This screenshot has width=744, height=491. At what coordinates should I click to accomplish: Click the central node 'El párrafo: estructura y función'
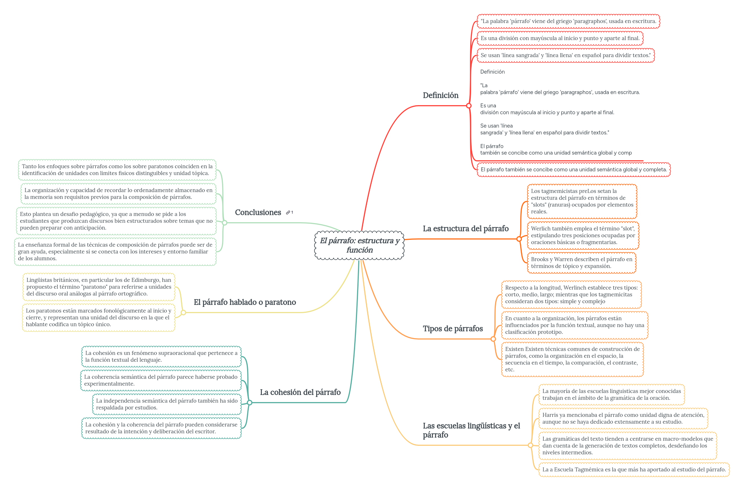[359, 245]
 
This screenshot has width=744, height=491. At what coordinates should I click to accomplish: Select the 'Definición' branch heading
[440, 95]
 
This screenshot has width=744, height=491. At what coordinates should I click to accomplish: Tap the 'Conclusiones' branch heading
[258, 212]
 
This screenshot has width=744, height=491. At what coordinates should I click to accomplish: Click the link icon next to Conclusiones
[288, 213]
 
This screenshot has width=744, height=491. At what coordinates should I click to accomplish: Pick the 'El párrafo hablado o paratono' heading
[245, 302]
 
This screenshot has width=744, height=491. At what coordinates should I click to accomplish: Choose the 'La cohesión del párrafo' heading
[300, 392]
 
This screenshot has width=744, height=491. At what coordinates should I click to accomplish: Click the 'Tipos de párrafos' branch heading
[452, 328]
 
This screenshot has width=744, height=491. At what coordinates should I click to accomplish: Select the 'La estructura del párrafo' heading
[465, 228]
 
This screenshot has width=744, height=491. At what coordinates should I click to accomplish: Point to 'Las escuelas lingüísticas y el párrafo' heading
[471, 430]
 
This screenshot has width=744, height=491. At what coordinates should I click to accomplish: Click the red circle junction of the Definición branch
[469, 106]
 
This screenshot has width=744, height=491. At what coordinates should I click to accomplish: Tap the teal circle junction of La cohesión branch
[249, 403]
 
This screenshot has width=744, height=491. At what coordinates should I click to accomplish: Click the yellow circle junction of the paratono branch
[183, 313]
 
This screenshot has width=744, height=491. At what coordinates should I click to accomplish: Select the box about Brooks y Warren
[581, 263]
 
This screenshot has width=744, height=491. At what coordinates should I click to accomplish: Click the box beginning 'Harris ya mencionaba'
[623, 418]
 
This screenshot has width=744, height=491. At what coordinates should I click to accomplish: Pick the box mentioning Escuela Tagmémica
[634, 469]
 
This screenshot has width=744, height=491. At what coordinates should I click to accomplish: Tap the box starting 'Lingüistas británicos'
[99, 287]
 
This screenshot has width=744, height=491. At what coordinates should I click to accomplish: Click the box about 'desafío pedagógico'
[116, 221]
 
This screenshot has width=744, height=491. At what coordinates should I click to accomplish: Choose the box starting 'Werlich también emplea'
[583, 236]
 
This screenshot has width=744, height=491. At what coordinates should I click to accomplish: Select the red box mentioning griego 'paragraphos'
[568, 21]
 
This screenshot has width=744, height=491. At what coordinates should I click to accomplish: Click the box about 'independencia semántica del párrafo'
[167, 404]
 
